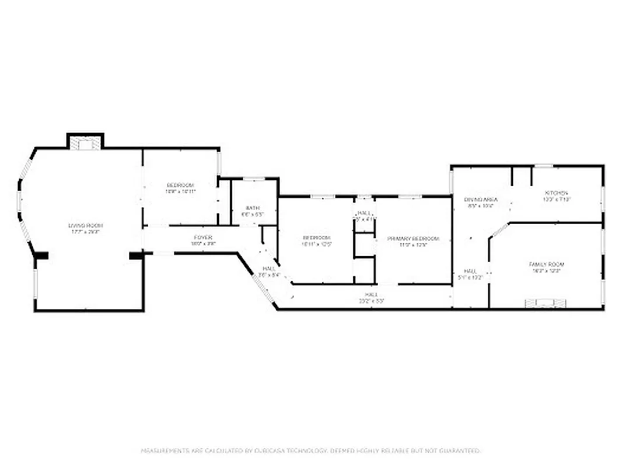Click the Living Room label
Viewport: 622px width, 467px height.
85,225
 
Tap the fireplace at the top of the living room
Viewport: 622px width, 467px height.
85,144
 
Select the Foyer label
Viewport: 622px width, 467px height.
202,238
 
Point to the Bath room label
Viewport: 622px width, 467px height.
252,208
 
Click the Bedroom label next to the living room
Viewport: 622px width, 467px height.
180,185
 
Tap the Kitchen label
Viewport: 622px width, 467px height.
556,193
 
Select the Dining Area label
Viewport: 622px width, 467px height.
481,200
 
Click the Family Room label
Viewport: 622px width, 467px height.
546,264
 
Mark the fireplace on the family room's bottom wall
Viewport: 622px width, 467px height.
546,302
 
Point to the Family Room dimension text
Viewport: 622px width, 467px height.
546,271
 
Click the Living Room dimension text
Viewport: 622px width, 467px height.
85,232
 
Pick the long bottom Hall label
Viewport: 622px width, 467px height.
371,295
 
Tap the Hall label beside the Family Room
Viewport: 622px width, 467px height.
470,271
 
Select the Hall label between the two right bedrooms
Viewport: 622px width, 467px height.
364,213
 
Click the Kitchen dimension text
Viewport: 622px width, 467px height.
556,200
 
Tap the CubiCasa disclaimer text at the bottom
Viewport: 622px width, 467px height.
310,451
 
